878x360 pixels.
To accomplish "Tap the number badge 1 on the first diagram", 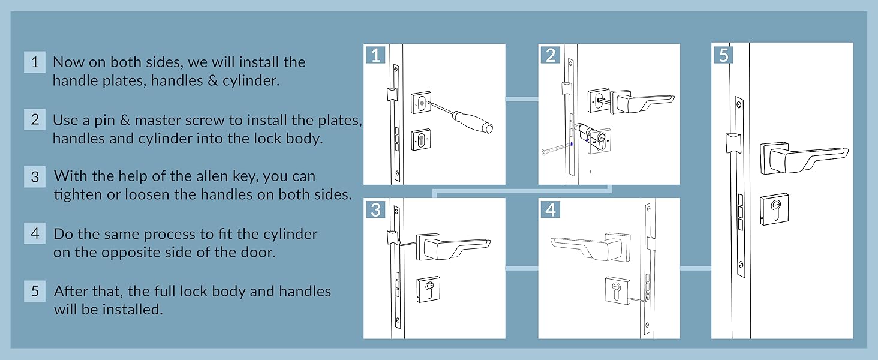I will click(375, 55).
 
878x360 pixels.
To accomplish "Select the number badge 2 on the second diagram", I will click(550, 55).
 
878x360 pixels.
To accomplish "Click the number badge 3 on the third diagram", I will click(375, 209).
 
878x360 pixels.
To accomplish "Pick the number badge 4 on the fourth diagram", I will click(550, 209).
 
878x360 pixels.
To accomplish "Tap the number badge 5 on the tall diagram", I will click(724, 55).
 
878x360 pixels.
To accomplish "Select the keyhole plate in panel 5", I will click(773, 210).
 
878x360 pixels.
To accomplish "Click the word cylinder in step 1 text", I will click(251, 80).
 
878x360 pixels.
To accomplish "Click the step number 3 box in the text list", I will click(35, 177).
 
